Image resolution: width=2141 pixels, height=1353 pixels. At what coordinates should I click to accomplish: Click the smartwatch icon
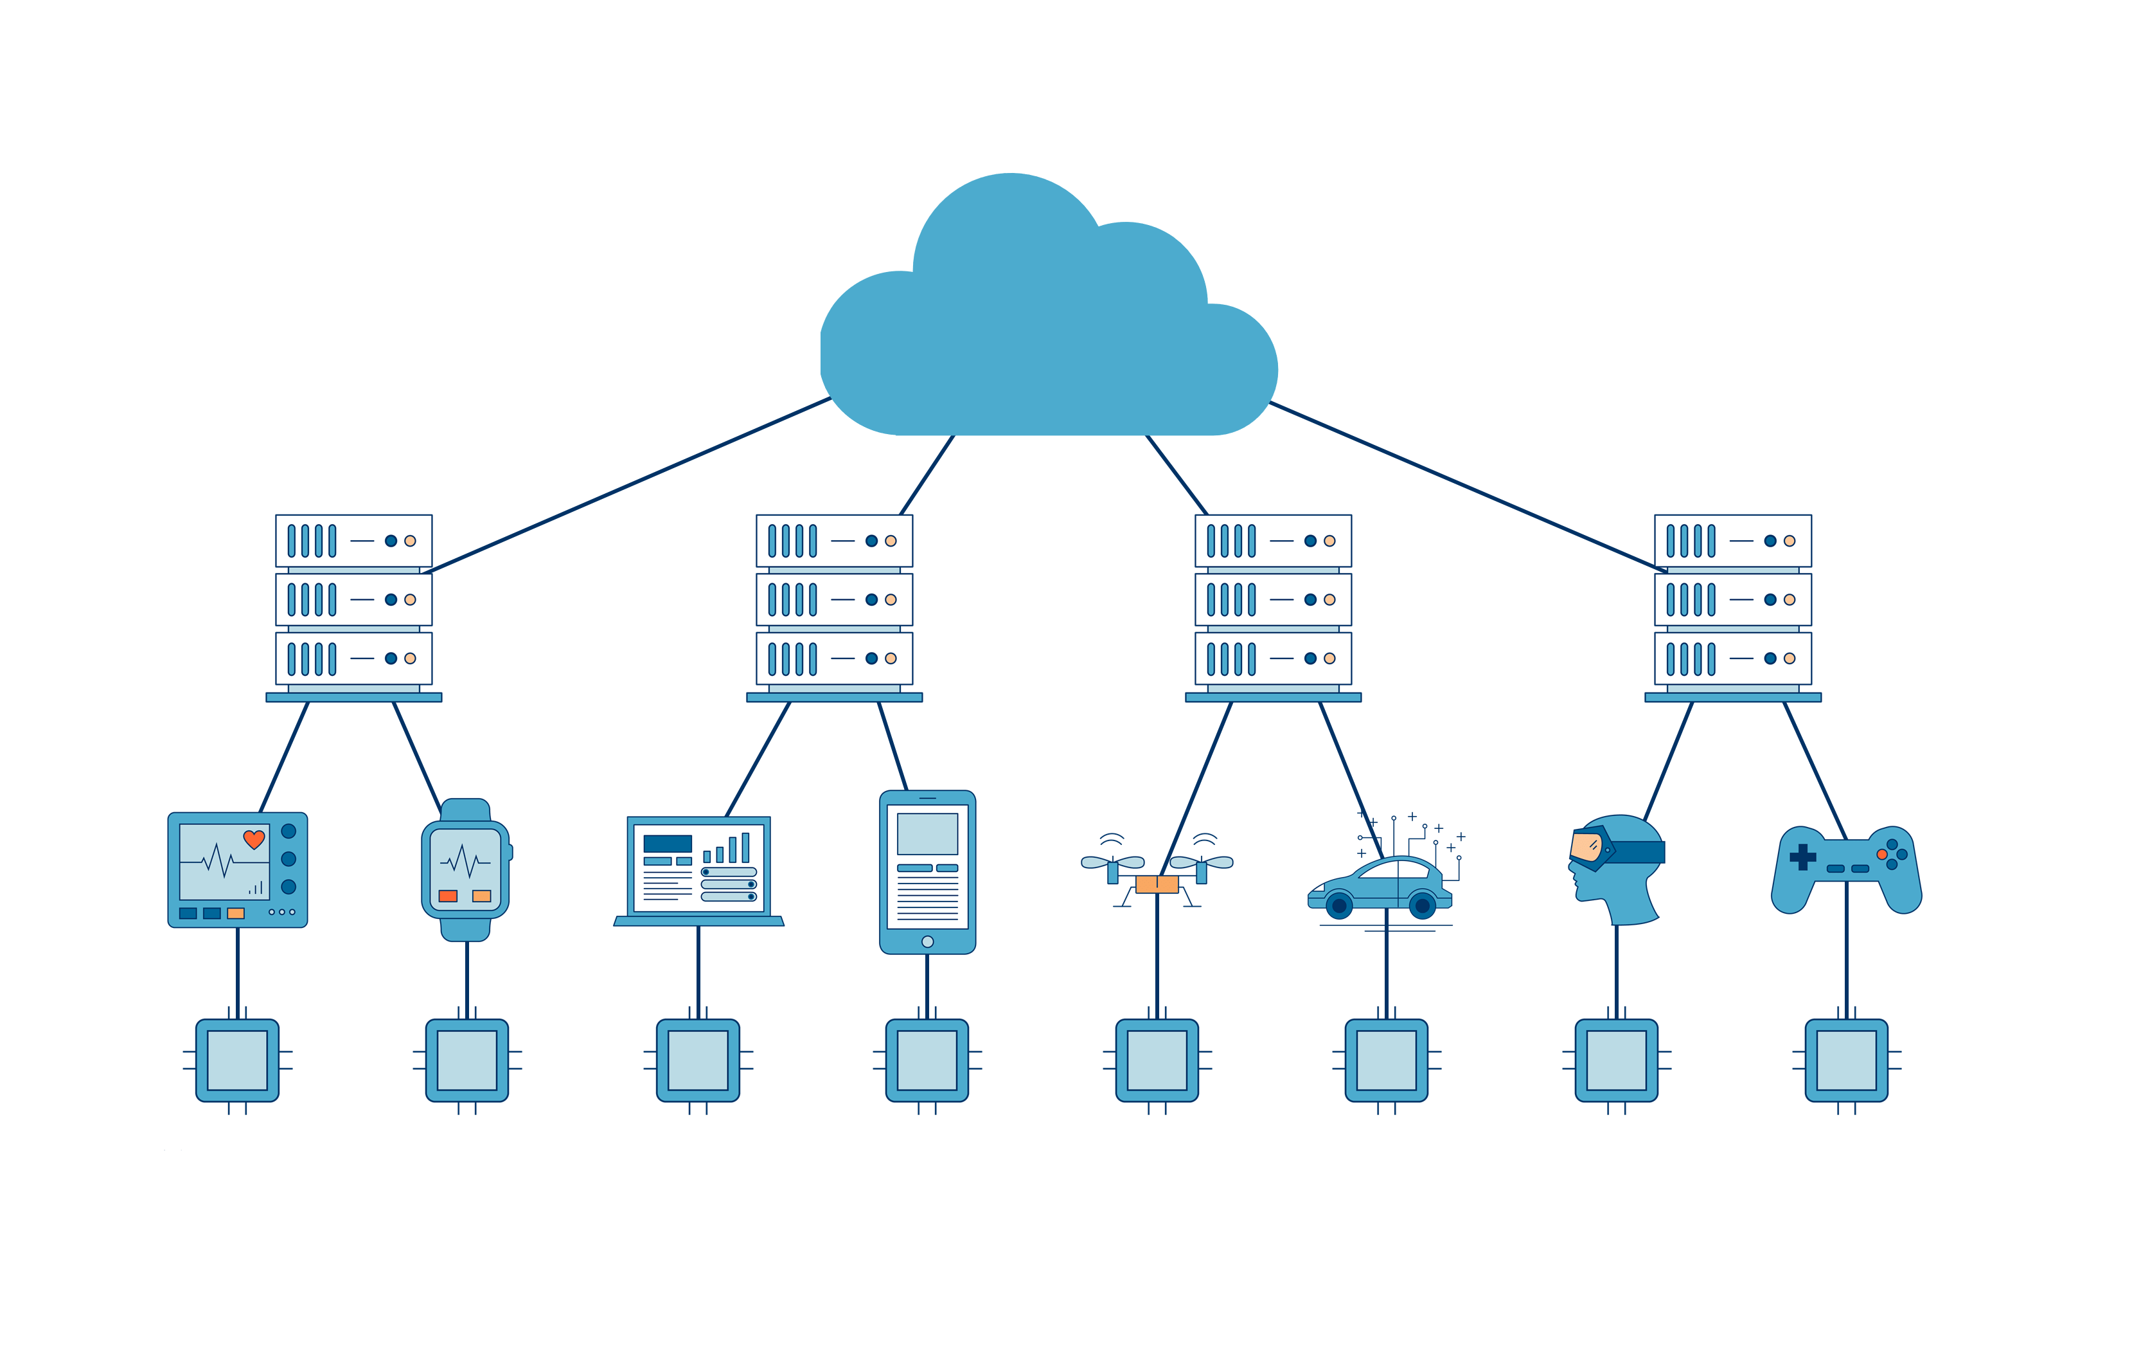pyautogui.click(x=465, y=869)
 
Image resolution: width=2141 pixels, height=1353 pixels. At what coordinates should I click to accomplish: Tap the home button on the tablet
pyautogui.click(x=927, y=941)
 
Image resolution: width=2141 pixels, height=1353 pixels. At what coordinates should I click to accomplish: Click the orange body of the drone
pyautogui.click(x=1157, y=884)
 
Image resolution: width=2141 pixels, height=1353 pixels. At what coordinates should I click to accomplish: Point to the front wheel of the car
pyautogui.click(x=1339, y=905)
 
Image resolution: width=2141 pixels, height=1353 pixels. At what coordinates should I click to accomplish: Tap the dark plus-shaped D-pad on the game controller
pyautogui.click(x=1802, y=857)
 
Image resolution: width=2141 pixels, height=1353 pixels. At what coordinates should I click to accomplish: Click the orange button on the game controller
pyautogui.click(x=1881, y=854)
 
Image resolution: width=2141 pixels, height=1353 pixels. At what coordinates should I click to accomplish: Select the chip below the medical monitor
pyautogui.click(x=237, y=1060)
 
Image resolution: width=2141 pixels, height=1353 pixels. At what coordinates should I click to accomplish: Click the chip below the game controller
pyautogui.click(x=1847, y=1060)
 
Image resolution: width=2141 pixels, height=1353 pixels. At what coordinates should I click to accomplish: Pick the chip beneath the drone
pyautogui.click(x=1157, y=1060)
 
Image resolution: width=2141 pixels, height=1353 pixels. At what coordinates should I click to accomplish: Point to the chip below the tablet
pyautogui.click(x=927, y=1060)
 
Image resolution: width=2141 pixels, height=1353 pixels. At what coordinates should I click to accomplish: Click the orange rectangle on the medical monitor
pyautogui.click(x=236, y=913)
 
